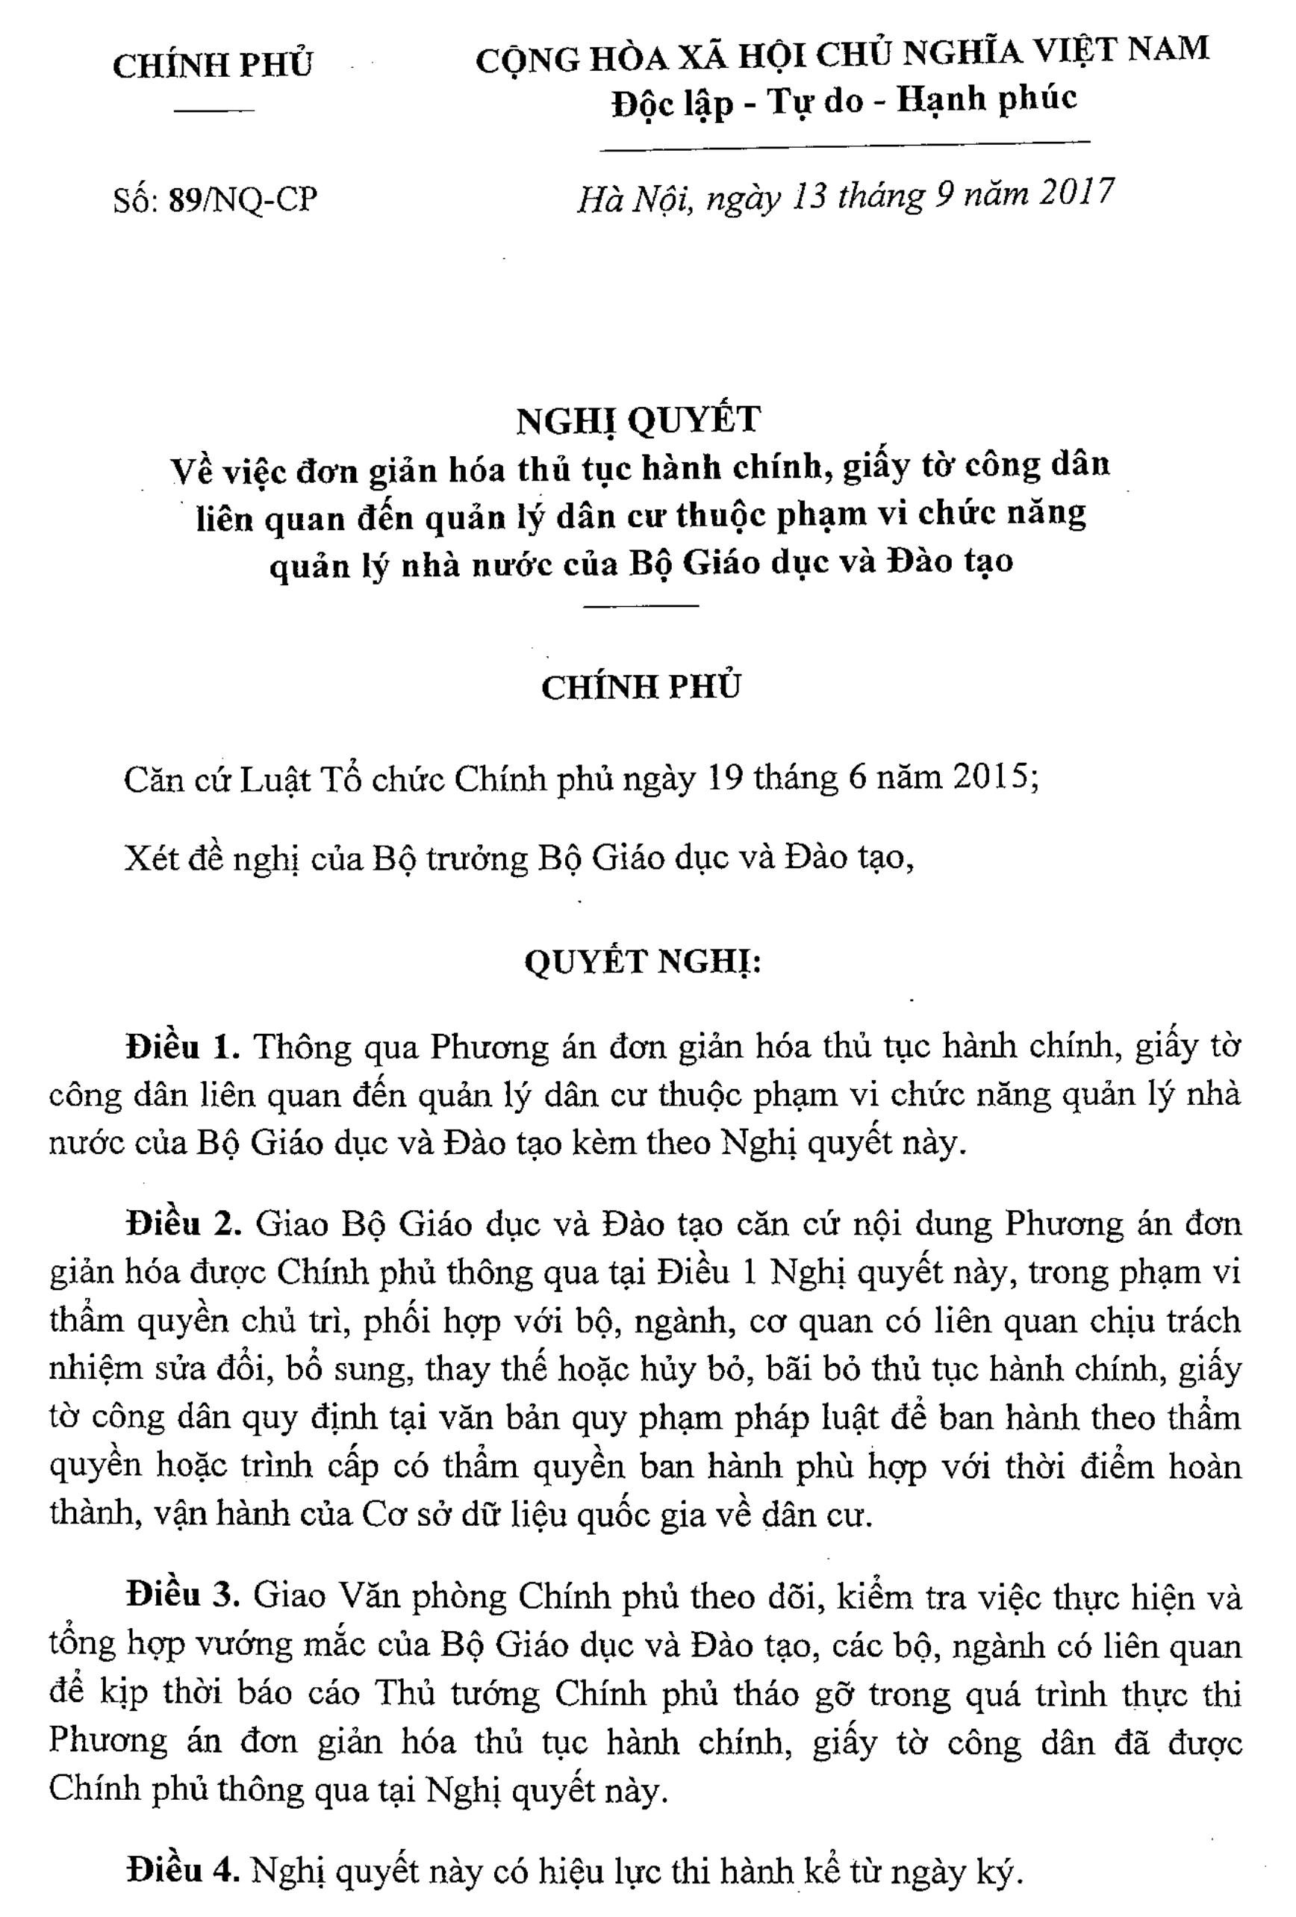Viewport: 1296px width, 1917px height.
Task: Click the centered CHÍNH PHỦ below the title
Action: [641, 687]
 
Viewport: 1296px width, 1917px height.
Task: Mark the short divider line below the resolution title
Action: [641, 607]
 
